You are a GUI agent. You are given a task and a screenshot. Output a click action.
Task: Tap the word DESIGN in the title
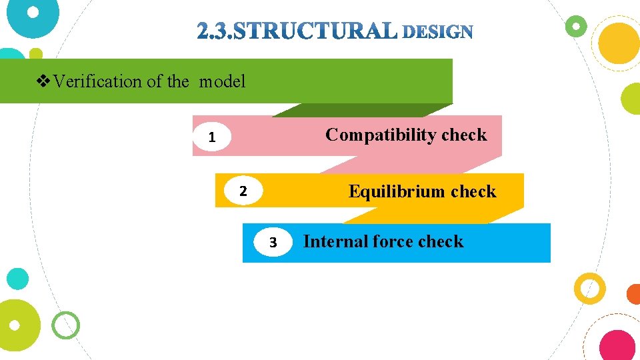point(438,31)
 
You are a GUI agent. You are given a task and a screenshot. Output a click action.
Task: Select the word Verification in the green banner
point(98,82)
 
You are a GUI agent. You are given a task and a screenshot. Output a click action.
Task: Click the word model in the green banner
point(222,82)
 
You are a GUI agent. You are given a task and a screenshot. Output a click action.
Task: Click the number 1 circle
point(211,138)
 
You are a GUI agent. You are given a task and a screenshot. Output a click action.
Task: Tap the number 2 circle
point(243,191)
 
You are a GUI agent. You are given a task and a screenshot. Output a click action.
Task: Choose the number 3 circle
point(273,243)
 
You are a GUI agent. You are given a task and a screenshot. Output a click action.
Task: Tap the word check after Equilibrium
point(473,192)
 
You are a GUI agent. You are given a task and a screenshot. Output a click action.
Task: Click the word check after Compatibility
point(464,135)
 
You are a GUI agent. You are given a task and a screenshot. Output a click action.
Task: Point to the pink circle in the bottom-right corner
point(617,345)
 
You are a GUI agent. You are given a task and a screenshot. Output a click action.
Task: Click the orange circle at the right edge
point(634,294)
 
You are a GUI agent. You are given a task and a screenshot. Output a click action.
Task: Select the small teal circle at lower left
point(18,279)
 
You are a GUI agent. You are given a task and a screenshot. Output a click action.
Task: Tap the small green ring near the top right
point(575,27)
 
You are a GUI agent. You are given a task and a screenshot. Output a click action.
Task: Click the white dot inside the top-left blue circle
point(32,12)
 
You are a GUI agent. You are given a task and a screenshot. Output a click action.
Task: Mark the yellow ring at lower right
point(590,288)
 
